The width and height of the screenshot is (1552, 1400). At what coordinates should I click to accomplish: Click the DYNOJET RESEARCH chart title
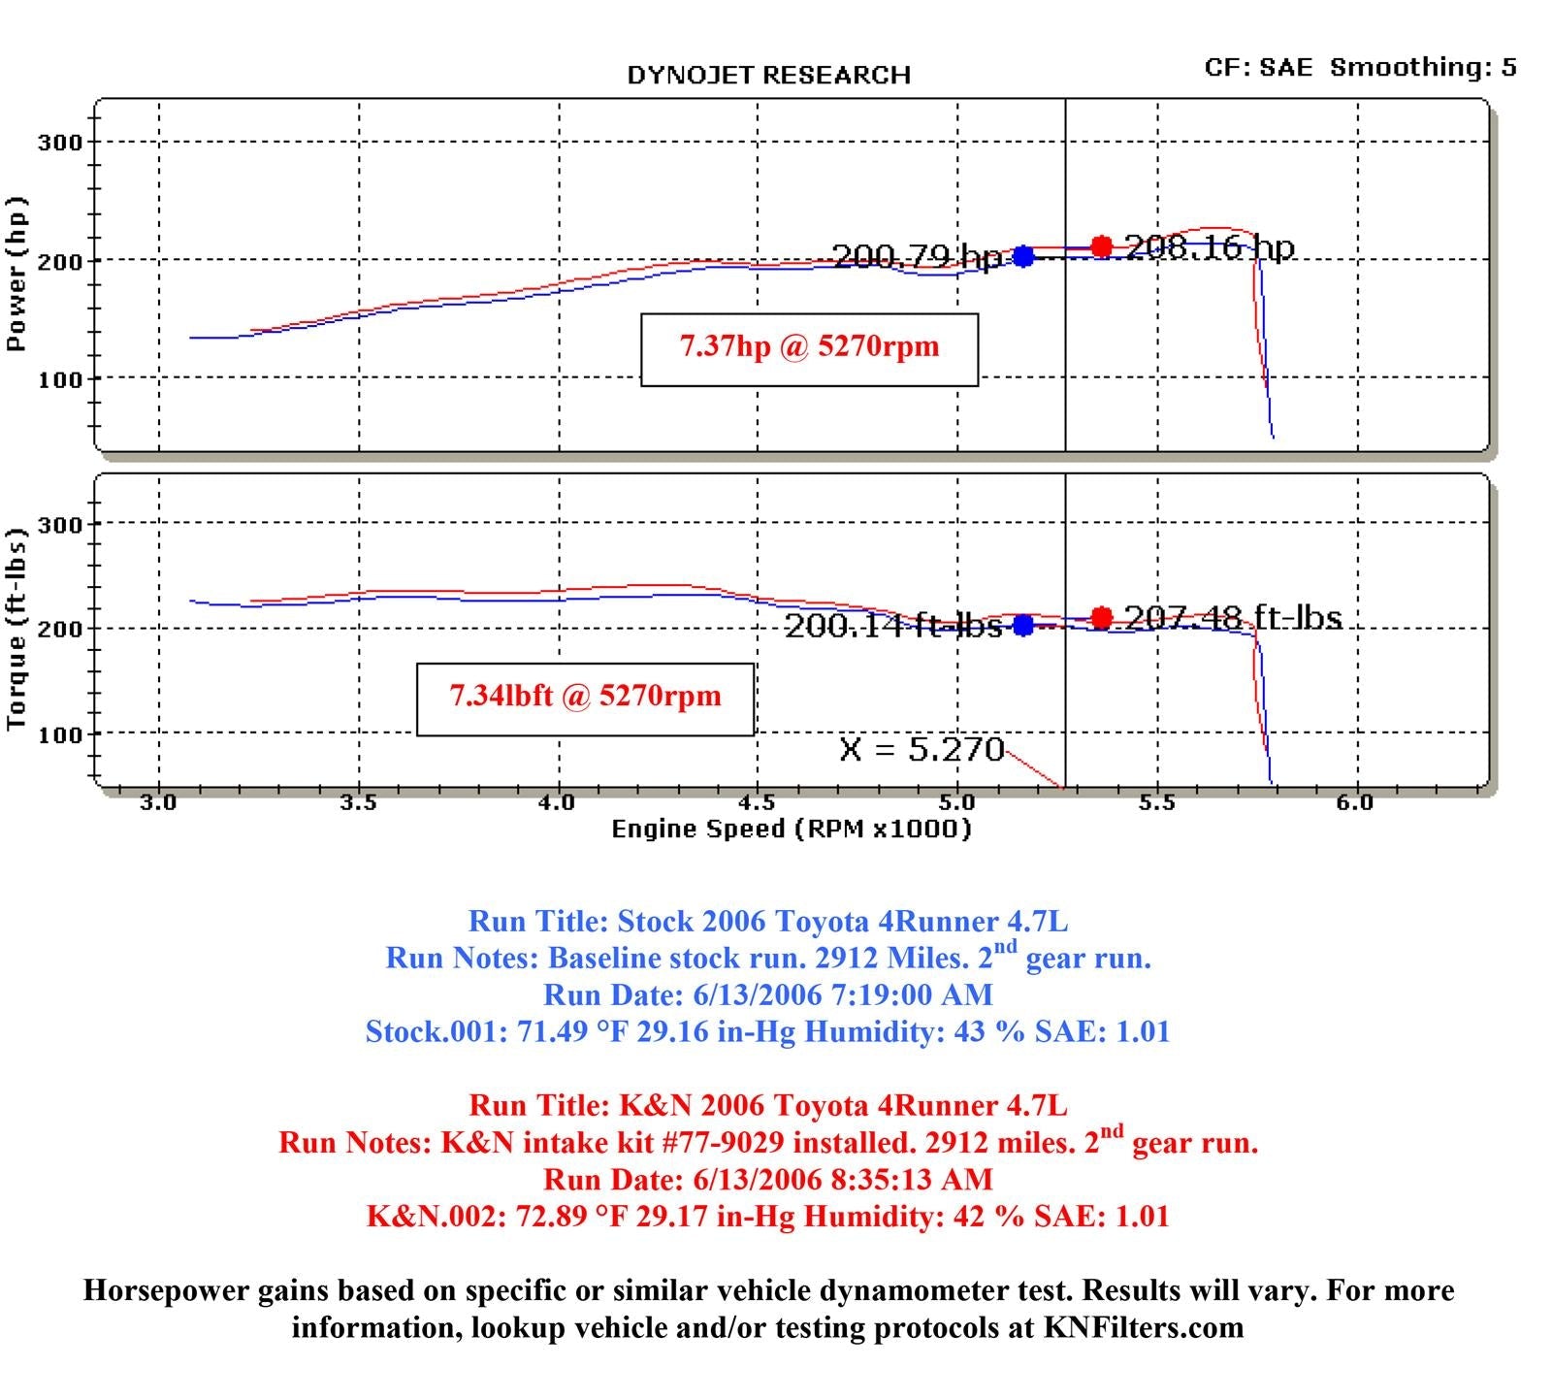click(768, 76)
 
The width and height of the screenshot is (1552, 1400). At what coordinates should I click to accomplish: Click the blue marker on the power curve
click(1023, 256)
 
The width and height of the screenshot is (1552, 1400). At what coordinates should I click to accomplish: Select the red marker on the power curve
click(1101, 246)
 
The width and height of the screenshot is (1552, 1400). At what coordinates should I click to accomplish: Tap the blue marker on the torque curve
click(1023, 626)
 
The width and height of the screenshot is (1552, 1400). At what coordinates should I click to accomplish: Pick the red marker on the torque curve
click(1101, 617)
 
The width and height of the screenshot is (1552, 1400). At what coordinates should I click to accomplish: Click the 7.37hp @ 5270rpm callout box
click(809, 349)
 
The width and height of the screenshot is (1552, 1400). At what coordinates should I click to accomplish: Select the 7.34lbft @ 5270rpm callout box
click(585, 699)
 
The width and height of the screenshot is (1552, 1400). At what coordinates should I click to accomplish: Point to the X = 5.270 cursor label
click(921, 749)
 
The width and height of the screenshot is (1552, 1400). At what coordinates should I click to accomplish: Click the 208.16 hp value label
click(1210, 247)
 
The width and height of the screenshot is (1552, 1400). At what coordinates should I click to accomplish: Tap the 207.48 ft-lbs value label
click(1233, 617)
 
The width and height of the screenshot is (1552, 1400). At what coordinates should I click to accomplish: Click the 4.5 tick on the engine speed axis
click(757, 802)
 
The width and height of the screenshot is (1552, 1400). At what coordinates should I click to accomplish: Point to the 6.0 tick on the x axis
click(1355, 802)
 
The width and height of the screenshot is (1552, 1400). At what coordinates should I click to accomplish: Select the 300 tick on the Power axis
click(60, 143)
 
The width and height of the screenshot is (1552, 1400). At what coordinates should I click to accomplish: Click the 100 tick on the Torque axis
click(60, 734)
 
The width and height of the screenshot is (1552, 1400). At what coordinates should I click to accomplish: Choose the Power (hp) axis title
click(16, 274)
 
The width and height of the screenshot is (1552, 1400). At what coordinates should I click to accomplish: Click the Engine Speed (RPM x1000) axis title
click(791, 829)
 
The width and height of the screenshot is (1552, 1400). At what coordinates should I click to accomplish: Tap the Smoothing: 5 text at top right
click(1423, 67)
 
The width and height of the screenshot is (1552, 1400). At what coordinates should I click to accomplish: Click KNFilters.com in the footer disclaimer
click(1144, 1327)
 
